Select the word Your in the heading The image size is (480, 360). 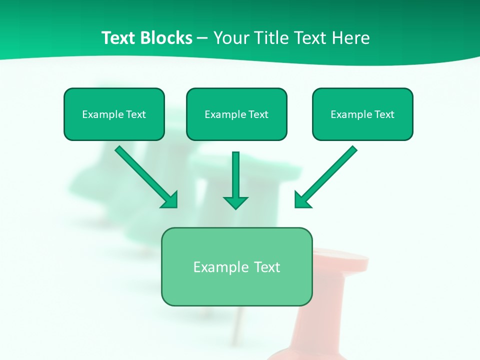pos(231,38)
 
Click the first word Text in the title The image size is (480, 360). pos(120,38)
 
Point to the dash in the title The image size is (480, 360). pos(203,38)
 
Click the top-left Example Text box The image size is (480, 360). pos(114,114)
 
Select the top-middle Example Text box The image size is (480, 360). pos(236,114)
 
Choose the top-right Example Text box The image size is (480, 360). pos(362,114)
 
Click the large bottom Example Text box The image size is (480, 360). pos(236,266)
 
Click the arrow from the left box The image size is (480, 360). pos(145,175)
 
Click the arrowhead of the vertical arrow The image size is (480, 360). pos(235,201)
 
